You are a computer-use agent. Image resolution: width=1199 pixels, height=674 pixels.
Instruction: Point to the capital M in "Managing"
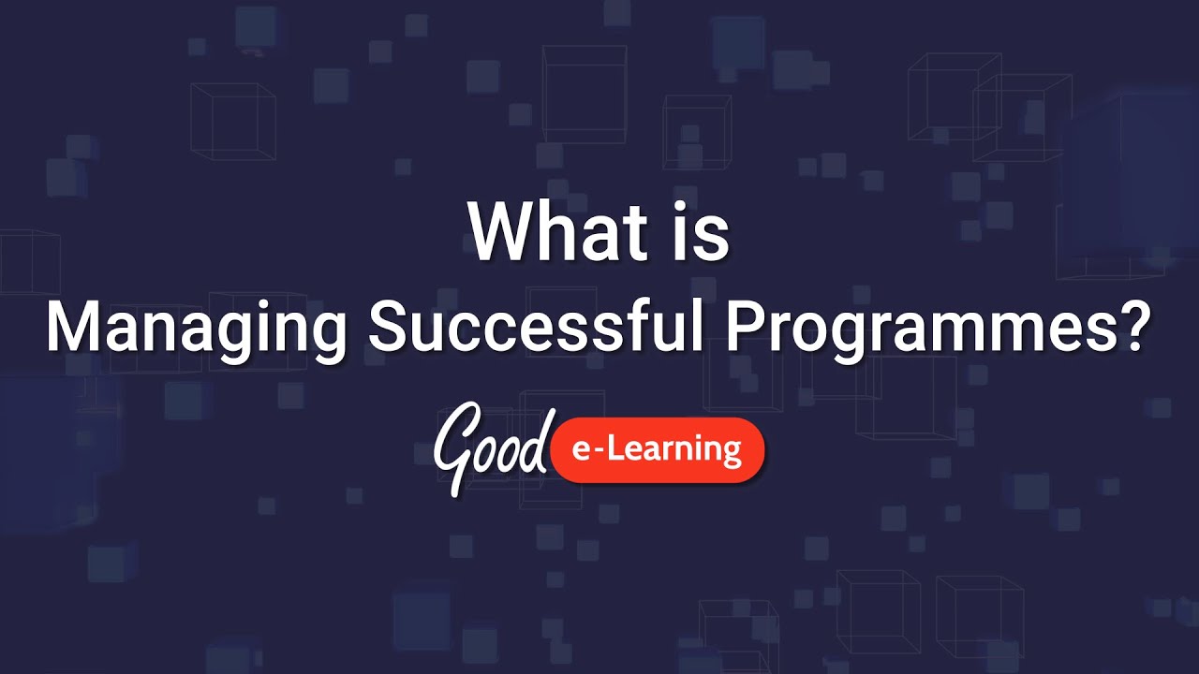(76, 328)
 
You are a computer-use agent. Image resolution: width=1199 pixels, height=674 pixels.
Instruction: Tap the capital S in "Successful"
(390, 328)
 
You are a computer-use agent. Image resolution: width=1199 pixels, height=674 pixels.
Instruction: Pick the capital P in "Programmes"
(749, 328)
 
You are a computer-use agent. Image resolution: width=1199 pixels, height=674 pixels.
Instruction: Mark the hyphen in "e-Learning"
(603, 453)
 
